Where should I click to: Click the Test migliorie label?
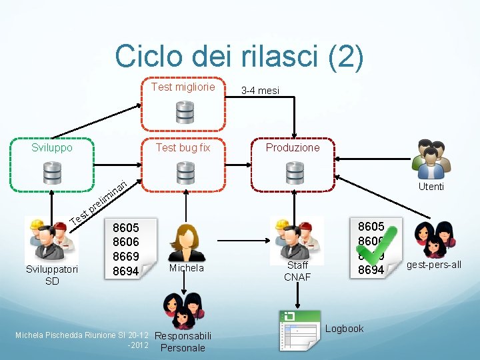coord(183,87)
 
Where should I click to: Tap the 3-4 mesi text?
coord(261,91)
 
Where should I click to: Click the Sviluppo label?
coord(52,147)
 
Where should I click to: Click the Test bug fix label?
coord(183,147)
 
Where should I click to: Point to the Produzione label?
coord(293,147)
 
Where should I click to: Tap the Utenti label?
coord(431,187)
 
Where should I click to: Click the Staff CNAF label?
coord(297,271)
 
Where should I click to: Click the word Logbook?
coord(344,328)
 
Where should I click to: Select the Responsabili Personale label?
coord(183,341)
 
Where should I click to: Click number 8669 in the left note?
coord(125,257)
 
